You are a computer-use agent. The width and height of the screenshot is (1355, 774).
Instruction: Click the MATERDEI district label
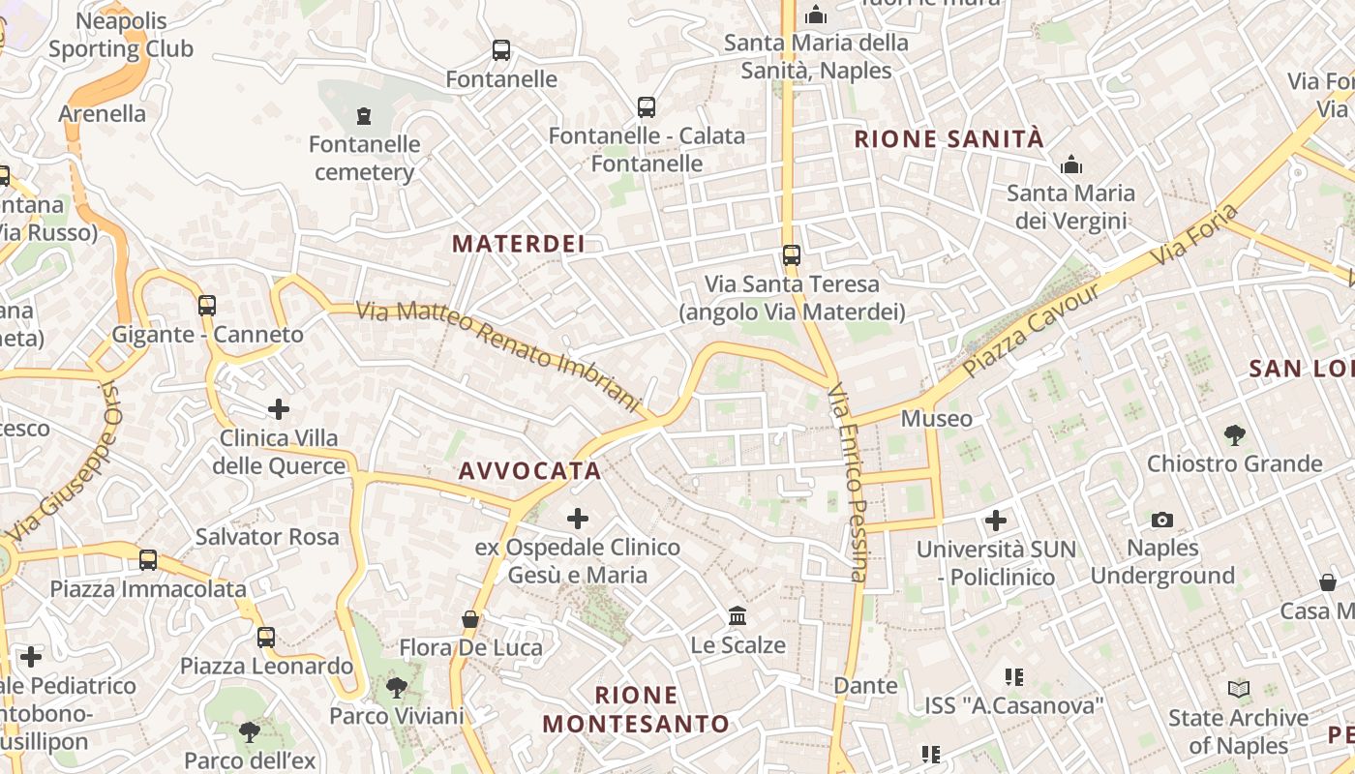[x=519, y=244]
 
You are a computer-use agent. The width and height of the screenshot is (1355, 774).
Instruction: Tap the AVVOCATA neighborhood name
[x=529, y=471]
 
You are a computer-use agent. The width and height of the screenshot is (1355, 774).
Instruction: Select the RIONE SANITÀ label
[x=948, y=139]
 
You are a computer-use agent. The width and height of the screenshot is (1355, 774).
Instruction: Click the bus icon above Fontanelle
[x=500, y=50]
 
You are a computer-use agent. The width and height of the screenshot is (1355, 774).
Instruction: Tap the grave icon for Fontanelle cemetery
[x=364, y=116]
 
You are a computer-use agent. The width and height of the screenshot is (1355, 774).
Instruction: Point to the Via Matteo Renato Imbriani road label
[x=498, y=355]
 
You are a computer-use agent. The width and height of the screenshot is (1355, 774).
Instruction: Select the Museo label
[x=936, y=419]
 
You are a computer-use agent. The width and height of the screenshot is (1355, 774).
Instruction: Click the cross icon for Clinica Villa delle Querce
[x=279, y=409]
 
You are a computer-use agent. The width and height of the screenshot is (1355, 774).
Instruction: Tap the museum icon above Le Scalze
[x=738, y=616]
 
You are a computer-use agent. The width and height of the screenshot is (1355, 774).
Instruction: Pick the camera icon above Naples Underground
[x=1162, y=521]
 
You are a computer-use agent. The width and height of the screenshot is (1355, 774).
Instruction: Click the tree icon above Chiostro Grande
[x=1234, y=435]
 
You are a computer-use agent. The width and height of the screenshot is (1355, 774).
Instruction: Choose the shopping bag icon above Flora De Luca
[x=470, y=619]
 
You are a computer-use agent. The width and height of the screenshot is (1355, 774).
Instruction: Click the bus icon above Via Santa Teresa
[x=792, y=255]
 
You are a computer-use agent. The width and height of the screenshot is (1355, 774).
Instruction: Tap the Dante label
[x=866, y=686]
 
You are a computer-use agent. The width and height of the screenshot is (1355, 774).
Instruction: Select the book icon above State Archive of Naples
[x=1238, y=690]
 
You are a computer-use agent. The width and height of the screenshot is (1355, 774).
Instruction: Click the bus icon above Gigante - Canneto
[x=206, y=306]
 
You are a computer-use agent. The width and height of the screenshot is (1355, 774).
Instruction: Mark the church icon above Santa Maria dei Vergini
[x=1070, y=164]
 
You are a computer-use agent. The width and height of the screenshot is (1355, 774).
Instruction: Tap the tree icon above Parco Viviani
[x=396, y=688]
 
